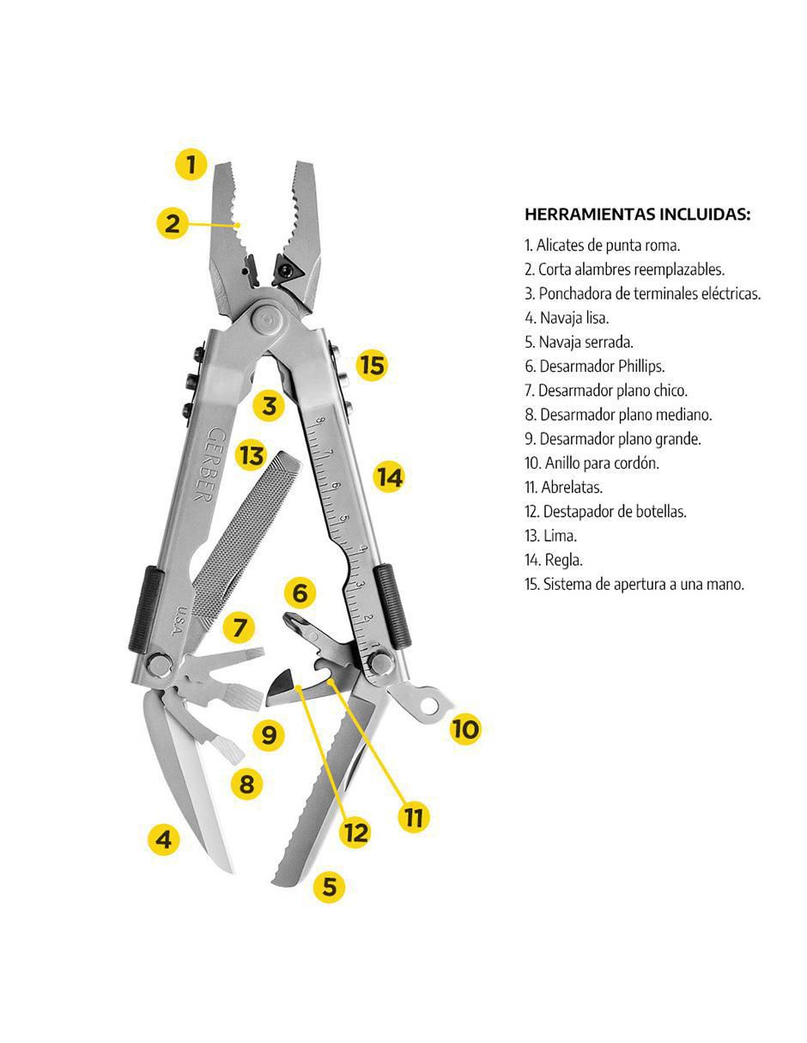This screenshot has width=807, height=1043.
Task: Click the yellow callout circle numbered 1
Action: coord(191,165)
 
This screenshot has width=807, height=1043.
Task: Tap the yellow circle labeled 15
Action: coord(373,366)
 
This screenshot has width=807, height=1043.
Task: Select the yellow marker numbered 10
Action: coord(465,729)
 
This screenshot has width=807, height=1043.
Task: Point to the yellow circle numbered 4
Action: coord(164,840)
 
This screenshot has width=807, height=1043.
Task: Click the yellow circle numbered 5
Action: coord(330,887)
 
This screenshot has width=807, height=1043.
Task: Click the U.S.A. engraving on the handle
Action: coord(182,619)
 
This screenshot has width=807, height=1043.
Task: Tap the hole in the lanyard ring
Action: coord(429,705)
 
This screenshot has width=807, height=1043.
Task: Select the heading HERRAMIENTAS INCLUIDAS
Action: coord(637,214)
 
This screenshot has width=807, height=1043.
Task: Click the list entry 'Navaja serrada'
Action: coord(579,343)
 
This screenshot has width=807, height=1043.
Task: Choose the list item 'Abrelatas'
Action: coord(564,488)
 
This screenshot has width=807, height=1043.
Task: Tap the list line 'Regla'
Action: coord(554,561)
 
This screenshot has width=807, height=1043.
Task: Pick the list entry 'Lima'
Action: coord(551,536)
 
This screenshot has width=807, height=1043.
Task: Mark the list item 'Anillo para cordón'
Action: coord(592,464)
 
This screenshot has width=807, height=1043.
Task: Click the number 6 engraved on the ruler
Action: coord(336,486)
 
